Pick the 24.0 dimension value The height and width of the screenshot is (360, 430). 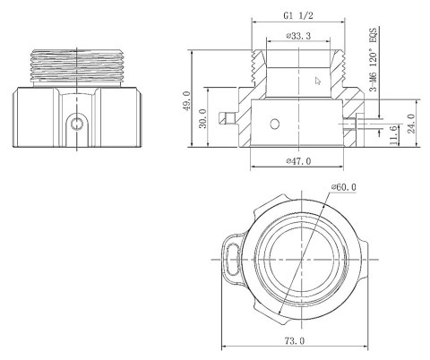411,121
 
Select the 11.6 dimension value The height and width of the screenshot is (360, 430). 394,133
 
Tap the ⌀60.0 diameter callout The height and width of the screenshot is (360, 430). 343,187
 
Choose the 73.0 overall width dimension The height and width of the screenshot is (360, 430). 293,341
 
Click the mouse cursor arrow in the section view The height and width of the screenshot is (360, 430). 316,81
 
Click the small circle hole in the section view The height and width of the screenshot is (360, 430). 277,122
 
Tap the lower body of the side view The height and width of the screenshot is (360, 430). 80,116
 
